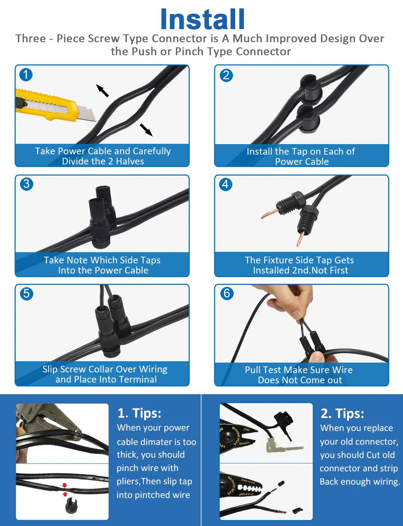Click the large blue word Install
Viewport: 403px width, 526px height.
(203, 19)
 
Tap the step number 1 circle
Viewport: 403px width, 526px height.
(26, 75)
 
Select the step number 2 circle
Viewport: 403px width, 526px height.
(226, 75)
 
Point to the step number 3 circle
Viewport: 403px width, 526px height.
(26, 184)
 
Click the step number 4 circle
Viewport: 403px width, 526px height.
(225, 184)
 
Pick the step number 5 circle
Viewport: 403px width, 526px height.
(26, 294)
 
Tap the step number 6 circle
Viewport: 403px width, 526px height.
(227, 294)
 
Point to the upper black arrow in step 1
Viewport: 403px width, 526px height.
(102, 90)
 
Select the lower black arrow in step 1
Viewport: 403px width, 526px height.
(146, 130)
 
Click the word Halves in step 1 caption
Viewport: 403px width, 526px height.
(130, 161)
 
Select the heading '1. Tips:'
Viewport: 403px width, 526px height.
(139, 413)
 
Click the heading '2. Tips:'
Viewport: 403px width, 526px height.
(342, 413)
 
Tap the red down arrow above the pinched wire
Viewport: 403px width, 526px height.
(64, 485)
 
